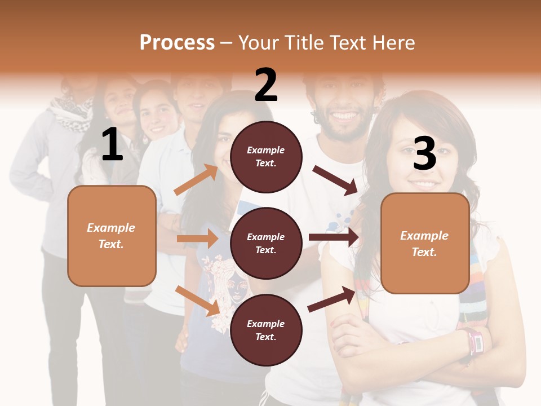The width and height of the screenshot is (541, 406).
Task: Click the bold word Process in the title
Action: (x=177, y=43)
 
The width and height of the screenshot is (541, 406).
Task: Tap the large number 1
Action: (x=112, y=145)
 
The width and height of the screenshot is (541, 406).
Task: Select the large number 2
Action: (x=266, y=85)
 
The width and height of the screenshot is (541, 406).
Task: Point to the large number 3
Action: (x=425, y=154)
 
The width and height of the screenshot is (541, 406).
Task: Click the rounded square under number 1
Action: (x=112, y=236)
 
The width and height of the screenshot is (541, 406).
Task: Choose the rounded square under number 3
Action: (x=425, y=244)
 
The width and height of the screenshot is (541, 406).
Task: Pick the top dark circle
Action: (x=266, y=157)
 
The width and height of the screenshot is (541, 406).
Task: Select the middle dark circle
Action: (x=266, y=244)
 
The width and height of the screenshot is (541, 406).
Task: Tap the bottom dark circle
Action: (x=266, y=330)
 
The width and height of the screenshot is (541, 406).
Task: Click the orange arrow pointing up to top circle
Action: (x=196, y=180)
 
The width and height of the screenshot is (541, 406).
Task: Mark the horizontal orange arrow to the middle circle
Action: (x=197, y=239)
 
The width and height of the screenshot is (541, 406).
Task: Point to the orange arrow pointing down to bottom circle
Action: (x=197, y=301)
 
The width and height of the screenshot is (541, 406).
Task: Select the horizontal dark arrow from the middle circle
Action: (x=334, y=237)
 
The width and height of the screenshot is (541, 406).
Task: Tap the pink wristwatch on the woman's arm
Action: (x=472, y=341)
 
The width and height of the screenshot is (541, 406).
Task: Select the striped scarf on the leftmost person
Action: (x=72, y=113)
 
